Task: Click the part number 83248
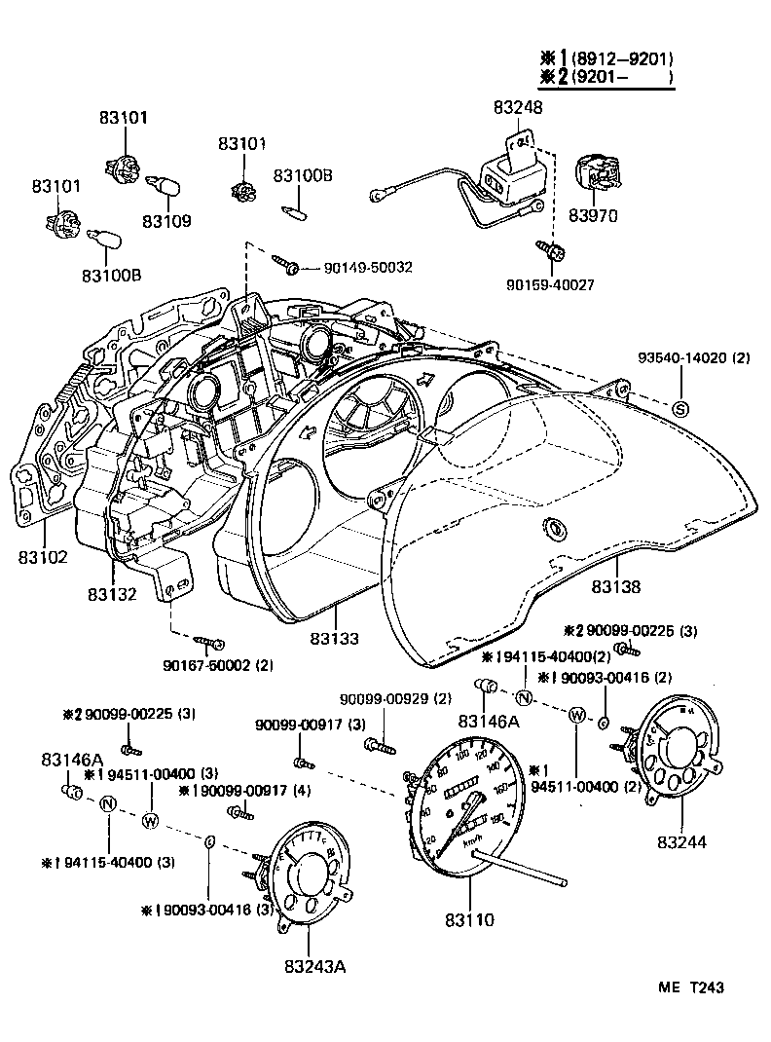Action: click(x=518, y=108)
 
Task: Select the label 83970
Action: click(x=594, y=214)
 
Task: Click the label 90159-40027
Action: click(x=550, y=284)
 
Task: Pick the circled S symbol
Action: click(x=680, y=407)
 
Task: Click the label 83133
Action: click(x=335, y=639)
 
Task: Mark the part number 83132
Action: click(x=112, y=593)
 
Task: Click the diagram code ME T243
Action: click(x=689, y=987)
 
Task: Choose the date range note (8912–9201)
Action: click(x=623, y=58)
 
